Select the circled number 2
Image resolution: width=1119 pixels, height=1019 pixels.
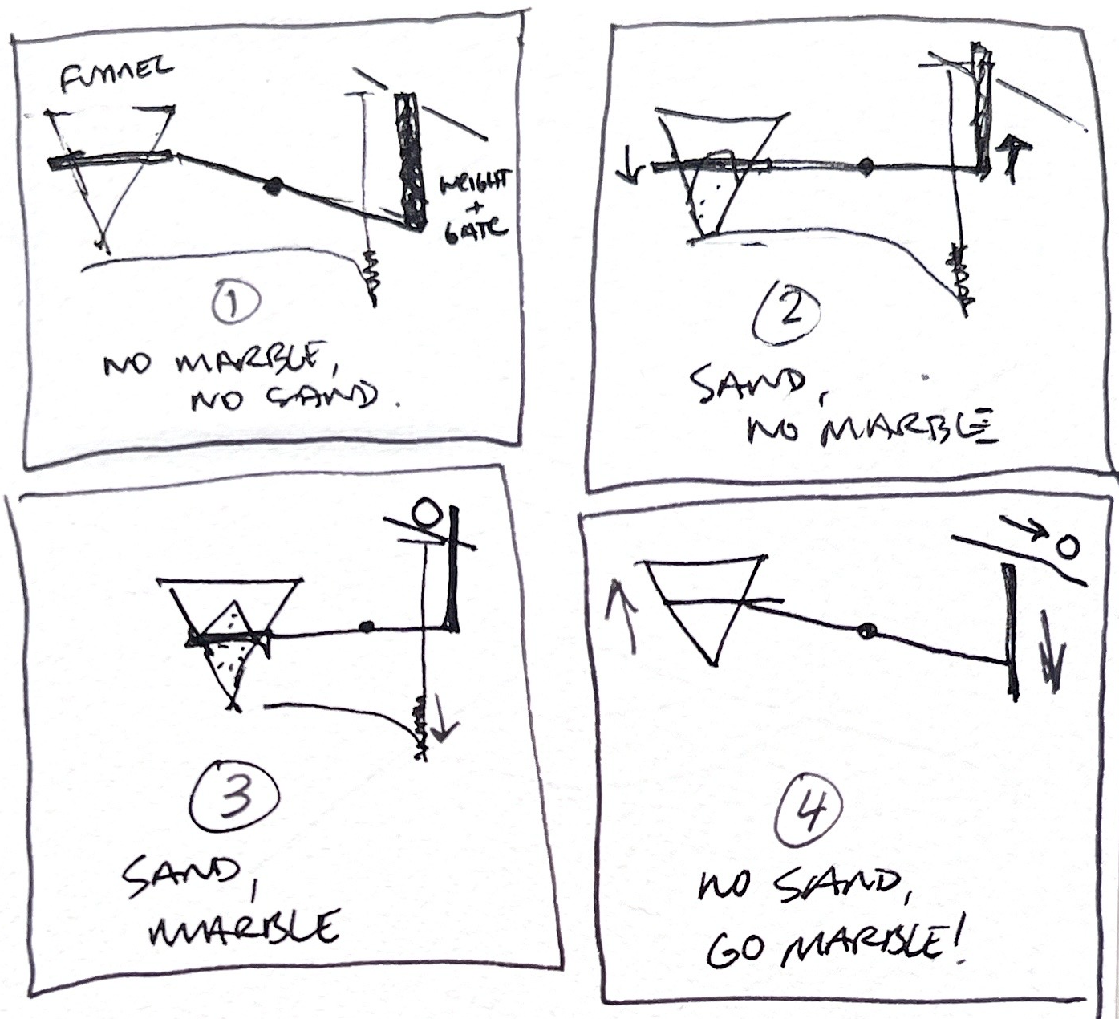(x=788, y=313)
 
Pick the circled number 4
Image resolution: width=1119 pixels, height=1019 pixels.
(x=809, y=814)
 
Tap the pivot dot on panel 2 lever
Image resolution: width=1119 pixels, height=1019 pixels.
(x=865, y=166)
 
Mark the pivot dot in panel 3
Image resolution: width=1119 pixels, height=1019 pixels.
(x=367, y=626)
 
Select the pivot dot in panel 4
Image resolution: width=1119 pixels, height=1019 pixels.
(x=866, y=631)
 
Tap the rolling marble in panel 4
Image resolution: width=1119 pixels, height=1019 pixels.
(x=1066, y=548)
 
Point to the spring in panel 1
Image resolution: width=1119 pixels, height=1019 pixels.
(x=371, y=274)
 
